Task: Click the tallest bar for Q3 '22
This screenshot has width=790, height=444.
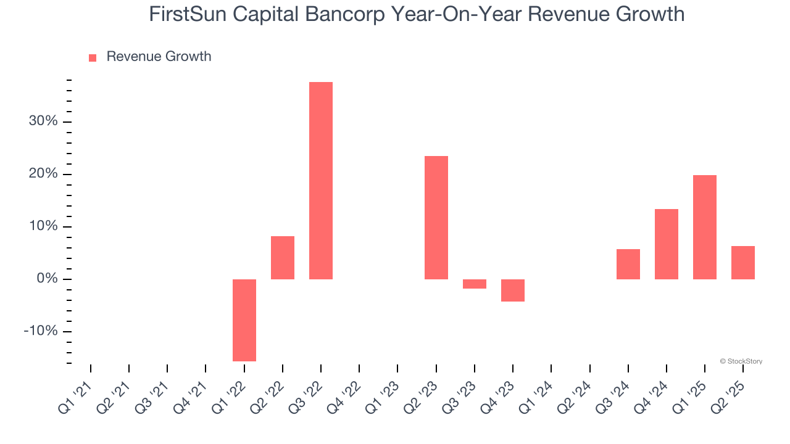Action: point(321,180)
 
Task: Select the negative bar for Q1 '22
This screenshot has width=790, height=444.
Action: point(244,320)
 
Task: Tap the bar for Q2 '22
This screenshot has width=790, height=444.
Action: point(283,258)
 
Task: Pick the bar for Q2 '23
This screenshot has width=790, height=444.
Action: point(436,217)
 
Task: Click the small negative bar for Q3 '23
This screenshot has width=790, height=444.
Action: point(475,284)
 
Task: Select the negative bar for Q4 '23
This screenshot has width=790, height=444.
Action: point(513,290)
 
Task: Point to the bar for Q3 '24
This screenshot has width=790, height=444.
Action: point(628,264)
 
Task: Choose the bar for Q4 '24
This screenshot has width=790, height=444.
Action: point(667,244)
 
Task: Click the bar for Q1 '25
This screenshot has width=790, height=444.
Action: point(705,227)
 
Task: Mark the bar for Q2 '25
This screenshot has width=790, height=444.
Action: point(743,262)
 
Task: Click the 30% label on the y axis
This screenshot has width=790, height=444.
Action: point(43,121)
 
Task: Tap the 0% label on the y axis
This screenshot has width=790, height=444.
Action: point(47,279)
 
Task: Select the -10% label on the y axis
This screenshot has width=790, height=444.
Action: point(41,331)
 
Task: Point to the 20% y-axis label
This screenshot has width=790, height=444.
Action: point(43,174)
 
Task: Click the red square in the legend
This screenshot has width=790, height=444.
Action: point(93,58)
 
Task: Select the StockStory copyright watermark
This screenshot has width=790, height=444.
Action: point(741,361)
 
